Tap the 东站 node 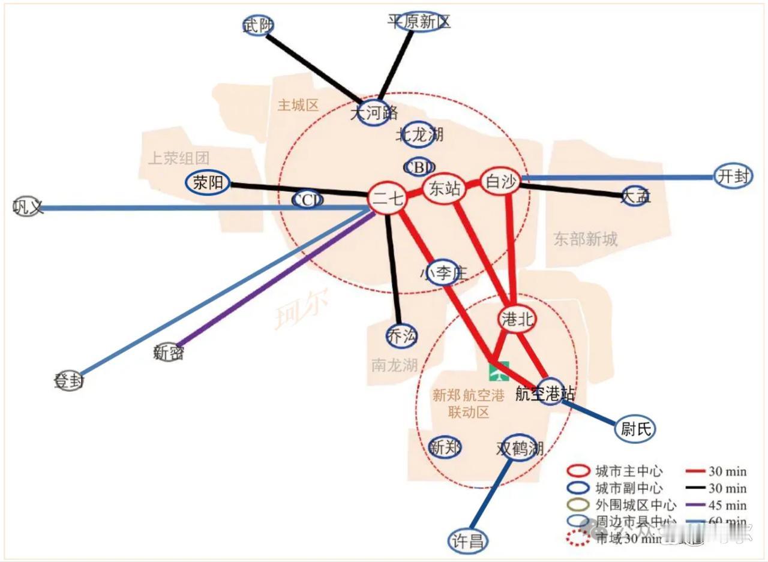pos(445,189)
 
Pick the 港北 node pos(516,320)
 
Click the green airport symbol pos(499,372)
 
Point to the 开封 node pos(733,176)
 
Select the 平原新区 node pos(419,22)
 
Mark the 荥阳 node pos(208,182)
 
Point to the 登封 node pos(68,381)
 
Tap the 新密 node pos(169,353)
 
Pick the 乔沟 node pos(401,336)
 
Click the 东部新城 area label pos(585,239)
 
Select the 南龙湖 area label pos(394,364)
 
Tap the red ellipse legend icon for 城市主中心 pos(578,471)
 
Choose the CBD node pos(419,167)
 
